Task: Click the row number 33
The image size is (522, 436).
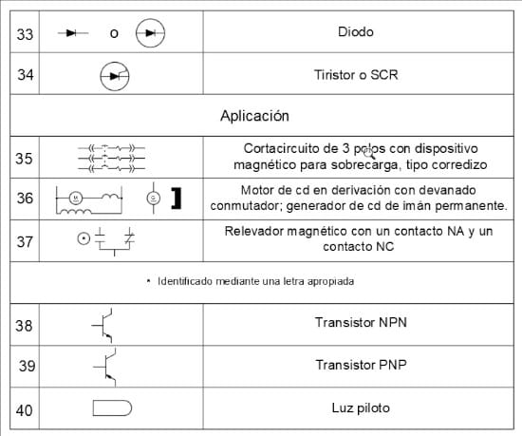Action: pyautogui.click(x=26, y=33)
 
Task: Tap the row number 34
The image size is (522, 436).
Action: pyautogui.click(x=26, y=74)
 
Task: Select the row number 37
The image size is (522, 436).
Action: pyautogui.click(x=26, y=240)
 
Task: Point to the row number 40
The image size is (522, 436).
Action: pyautogui.click(x=26, y=410)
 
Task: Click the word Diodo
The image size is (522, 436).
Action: pyautogui.click(x=355, y=31)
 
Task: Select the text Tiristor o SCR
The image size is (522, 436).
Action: pyautogui.click(x=355, y=73)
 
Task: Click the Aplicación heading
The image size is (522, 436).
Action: pyautogui.click(x=254, y=116)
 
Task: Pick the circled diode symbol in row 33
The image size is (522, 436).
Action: pyautogui.click(x=150, y=33)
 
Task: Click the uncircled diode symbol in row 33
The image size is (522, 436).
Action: pyautogui.click(x=73, y=33)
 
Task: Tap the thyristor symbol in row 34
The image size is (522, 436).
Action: pyautogui.click(x=115, y=74)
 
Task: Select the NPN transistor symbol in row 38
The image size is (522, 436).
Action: pyautogui.click(x=107, y=324)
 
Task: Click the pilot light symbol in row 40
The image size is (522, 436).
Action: pyautogui.click(x=112, y=408)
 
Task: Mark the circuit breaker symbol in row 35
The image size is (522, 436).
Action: pyautogui.click(x=112, y=157)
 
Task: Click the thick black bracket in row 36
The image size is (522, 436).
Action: pyautogui.click(x=176, y=199)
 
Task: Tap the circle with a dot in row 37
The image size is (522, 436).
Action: pyautogui.click(x=83, y=237)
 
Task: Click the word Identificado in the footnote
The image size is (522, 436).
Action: pyautogui.click(x=185, y=281)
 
